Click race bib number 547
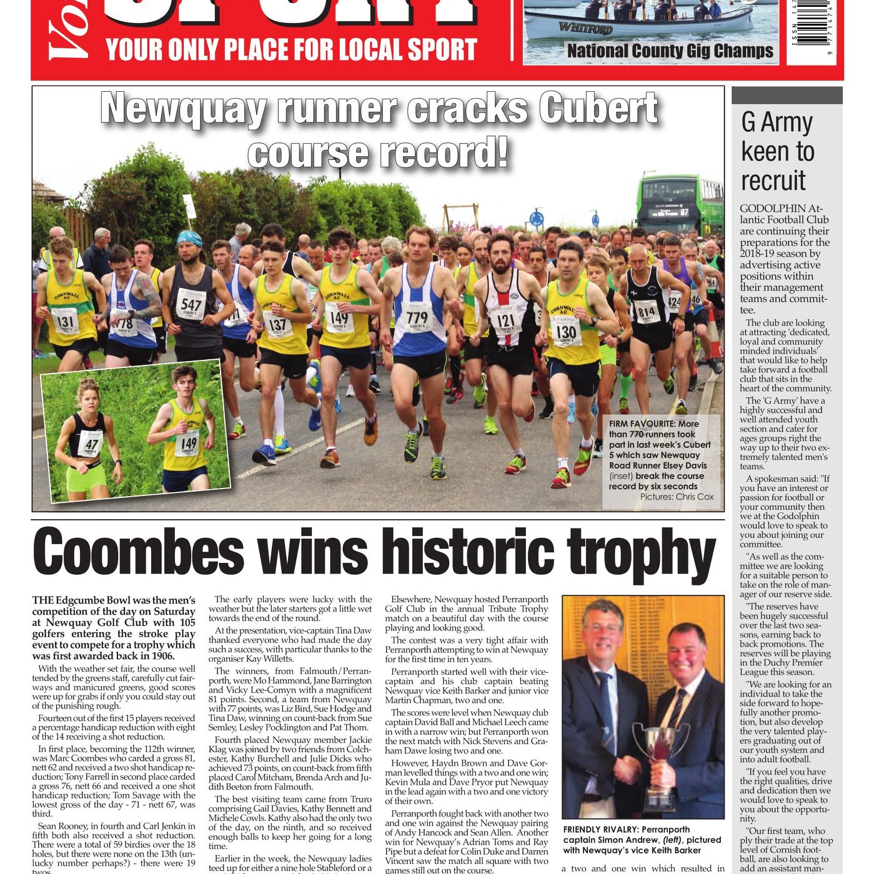point(191,305)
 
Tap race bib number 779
point(417,317)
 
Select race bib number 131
point(65,322)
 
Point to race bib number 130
point(566,332)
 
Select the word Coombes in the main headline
point(138,553)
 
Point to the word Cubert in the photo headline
point(598,109)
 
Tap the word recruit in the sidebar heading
point(773,181)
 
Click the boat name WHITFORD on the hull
point(585,27)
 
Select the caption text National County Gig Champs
point(670,51)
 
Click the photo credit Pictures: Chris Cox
point(677,497)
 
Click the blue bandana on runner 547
point(189,237)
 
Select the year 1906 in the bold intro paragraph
point(160,656)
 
